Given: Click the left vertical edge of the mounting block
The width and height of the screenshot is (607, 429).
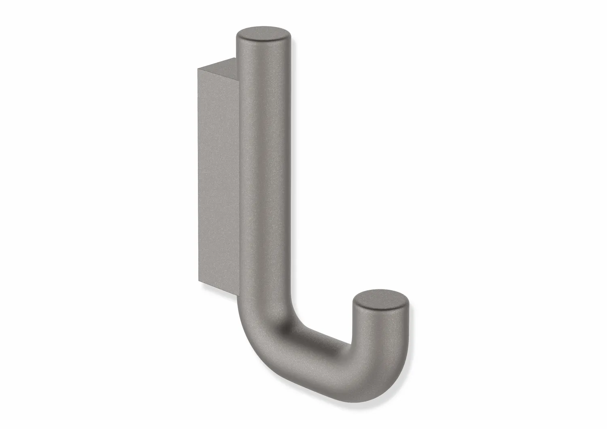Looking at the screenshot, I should tap(198, 174).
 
